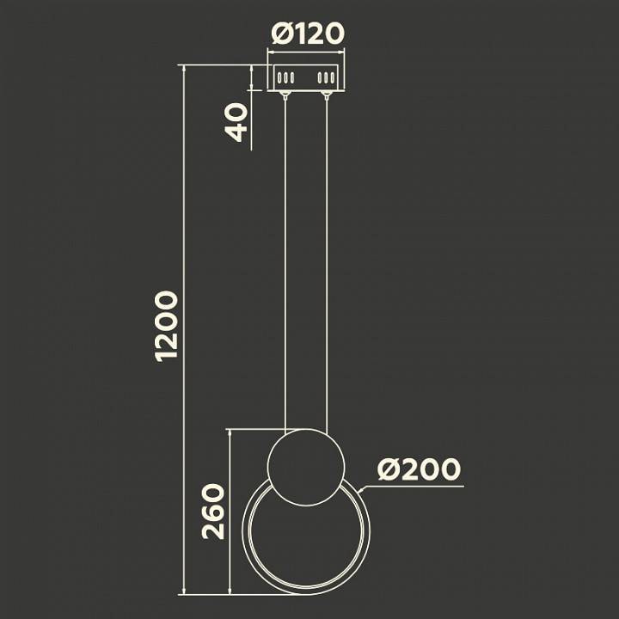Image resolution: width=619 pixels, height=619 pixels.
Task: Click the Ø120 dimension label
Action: click(308, 34)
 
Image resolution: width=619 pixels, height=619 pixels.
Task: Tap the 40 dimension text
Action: click(236, 122)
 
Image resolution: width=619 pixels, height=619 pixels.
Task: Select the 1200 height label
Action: click(167, 327)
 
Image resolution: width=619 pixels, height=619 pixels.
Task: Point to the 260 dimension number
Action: click(213, 512)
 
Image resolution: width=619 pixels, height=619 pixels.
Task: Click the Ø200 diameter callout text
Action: click(419, 469)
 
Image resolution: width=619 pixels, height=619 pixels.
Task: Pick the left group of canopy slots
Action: click(285, 77)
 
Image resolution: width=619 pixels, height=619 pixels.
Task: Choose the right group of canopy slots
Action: click(327, 77)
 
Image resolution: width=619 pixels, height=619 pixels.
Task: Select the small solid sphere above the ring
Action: click(306, 467)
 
